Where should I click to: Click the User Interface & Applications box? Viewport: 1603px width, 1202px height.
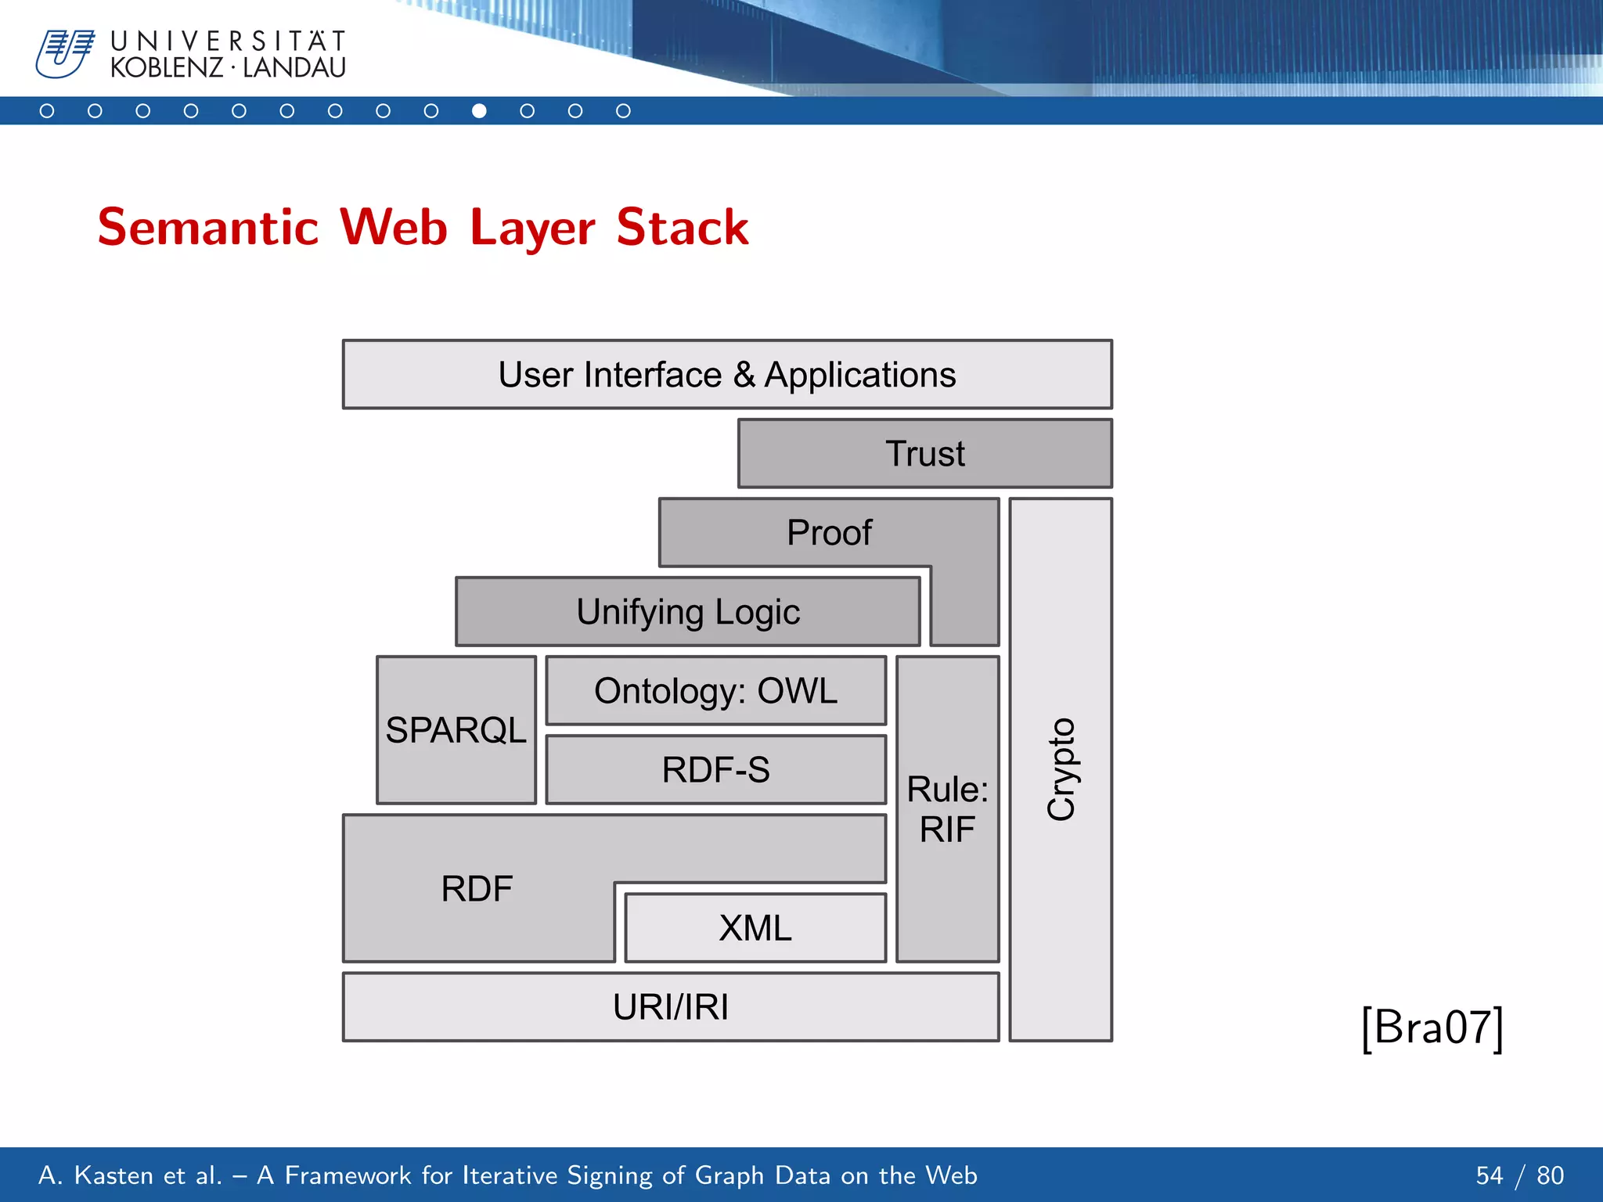point(727,375)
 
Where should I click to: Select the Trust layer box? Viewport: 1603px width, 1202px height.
point(924,454)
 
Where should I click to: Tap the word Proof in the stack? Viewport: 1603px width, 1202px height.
point(829,533)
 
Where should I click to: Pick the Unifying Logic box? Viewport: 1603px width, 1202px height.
point(688,612)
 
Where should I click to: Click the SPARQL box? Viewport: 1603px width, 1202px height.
point(456,730)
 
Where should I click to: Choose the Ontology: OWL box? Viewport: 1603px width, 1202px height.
point(715,691)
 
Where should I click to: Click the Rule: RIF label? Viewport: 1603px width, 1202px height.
point(947,809)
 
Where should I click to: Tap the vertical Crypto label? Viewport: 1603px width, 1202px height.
point(1061,769)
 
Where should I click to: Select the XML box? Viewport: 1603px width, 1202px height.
point(755,928)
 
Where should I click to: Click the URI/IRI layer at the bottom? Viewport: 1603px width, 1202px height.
point(671,1007)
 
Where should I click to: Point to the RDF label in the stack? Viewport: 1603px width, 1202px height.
point(477,889)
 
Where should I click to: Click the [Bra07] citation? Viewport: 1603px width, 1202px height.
point(1432,1027)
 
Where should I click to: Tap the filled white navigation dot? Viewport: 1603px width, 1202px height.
point(479,111)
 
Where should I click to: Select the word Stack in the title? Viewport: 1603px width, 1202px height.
point(682,228)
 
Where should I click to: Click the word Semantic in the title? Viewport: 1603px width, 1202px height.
point(208,228)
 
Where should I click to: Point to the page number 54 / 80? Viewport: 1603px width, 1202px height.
point(1519,1175)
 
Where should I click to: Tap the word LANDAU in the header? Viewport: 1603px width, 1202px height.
point(294,68)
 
